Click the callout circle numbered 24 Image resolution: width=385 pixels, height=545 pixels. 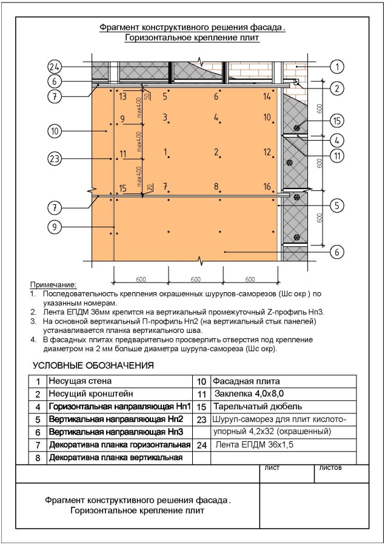[55, 67]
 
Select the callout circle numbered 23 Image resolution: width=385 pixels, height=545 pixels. [55, 158]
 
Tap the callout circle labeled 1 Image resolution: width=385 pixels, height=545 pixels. [338, 67]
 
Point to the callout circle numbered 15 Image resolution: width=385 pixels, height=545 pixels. [338, 120]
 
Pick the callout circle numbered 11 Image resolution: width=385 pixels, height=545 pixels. [338, 155]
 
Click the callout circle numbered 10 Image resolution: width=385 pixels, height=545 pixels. [55, 130]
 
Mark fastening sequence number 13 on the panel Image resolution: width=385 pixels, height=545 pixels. [122, 96]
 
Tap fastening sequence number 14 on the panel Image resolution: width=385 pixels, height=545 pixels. [267, 96]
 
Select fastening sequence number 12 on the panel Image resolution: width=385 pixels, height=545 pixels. [267, 152]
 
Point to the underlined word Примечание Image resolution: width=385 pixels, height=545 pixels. [53, 284]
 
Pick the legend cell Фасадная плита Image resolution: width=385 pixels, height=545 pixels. [245, 382]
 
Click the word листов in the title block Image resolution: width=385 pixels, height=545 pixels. [330, 468]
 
